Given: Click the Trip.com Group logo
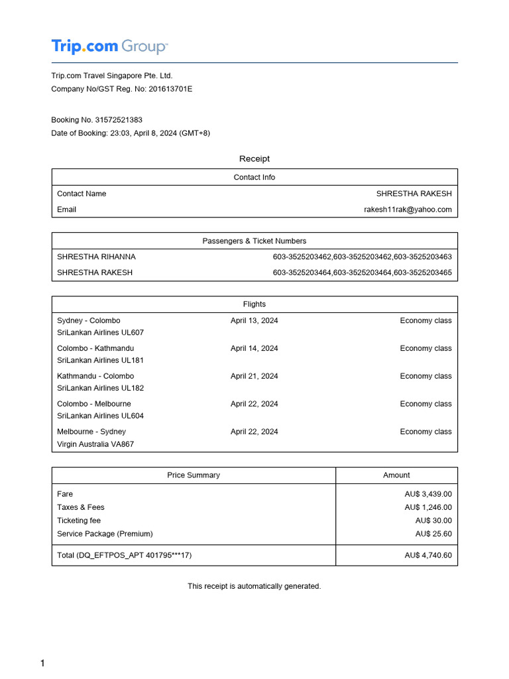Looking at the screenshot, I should coord(109,46).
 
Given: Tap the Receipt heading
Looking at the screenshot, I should coord(254,159).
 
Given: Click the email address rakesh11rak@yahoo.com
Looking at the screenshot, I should coord(408,210).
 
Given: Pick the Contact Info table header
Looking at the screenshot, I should coord(254,177).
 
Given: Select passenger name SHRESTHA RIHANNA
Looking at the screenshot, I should coord(96,257).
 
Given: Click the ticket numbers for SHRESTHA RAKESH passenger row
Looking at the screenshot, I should coord(362,273).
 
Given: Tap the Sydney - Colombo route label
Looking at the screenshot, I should coord(89,320).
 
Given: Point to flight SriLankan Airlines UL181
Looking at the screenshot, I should coord(100,360).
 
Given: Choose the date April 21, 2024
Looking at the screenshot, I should coord(254,376).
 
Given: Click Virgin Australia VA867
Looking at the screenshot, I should coord(95,444).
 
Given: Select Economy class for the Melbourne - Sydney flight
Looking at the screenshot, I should coord(425,432).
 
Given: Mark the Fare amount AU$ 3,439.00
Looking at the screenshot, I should coord(428,494).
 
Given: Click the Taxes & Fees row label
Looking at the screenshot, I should coord(81,507).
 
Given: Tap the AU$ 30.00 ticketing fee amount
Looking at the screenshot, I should coord(433,521).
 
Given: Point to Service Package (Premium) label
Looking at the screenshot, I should coord(105,534).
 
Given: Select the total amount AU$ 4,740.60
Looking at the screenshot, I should coord(428,555).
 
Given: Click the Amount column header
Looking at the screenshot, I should coord(396,475).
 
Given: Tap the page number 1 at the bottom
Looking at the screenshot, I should coord(43,664).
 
